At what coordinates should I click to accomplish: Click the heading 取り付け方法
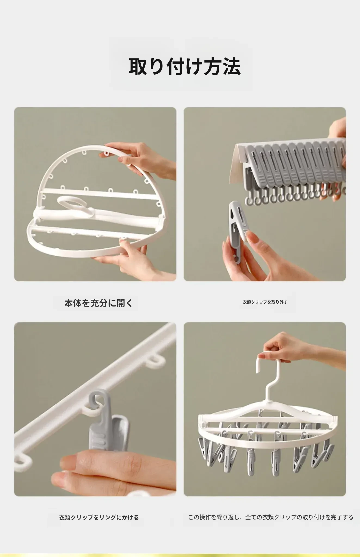coord(185,67)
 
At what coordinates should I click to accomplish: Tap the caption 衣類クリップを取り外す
coord(265,302)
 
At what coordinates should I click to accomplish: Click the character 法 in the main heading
coord(232,67)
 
